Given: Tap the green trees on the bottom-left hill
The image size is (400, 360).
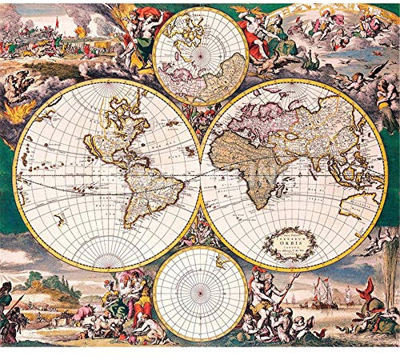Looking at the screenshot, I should tap(33, 279).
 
